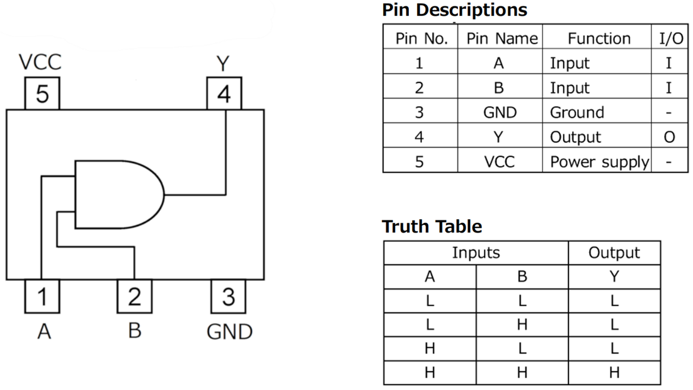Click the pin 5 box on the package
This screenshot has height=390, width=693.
tap(42, 94)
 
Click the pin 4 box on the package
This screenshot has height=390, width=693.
tap(224, 94)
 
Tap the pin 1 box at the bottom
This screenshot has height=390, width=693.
tap(42, 296)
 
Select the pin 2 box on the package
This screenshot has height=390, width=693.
tap(134, 296)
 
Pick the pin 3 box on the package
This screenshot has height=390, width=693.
tap(228, 296)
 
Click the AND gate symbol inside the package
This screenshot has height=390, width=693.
tap(117, 194)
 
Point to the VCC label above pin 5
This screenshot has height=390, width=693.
tap(40, 63)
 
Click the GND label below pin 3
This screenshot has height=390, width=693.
tap(229, 331)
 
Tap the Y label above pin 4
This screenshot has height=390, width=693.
tap(223, 63)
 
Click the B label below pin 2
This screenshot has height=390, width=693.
tap(134, 331)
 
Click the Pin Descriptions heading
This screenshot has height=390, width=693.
tap(454, 10)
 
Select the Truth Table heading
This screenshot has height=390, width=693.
tap(432, 226)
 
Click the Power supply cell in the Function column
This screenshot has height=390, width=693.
tap(598, 161)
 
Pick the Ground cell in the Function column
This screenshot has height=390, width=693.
tap(576, 112)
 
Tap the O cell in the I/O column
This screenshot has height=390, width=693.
tap(669, 137)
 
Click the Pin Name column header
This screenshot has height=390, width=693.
tap(501, 38)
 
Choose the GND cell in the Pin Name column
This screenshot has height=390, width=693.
tap(500, 112)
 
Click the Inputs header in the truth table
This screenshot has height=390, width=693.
tap(476, 253)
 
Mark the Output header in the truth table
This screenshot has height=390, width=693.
tap(614, 253)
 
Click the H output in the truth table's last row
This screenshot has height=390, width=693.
tap(614, 372)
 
